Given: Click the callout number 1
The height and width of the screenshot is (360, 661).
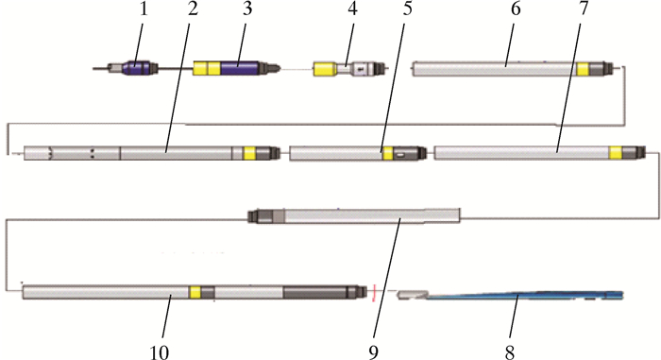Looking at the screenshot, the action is point(144,9).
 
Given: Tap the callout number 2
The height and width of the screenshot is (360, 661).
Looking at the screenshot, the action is point(193,9).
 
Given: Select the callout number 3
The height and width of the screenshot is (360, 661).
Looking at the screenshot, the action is point(247,9).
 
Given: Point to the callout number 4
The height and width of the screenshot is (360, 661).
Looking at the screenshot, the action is point(352,9).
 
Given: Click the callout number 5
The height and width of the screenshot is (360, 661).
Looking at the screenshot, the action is point(407,9).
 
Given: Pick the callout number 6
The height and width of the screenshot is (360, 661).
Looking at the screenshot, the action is point(516,9).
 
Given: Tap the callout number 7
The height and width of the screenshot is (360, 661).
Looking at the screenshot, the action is point(583,9).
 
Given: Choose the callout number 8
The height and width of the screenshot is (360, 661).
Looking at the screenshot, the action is point(510,351).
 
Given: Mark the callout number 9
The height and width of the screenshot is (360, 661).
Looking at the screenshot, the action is point(374,351).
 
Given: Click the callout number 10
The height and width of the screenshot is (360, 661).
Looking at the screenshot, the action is point(160,351).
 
